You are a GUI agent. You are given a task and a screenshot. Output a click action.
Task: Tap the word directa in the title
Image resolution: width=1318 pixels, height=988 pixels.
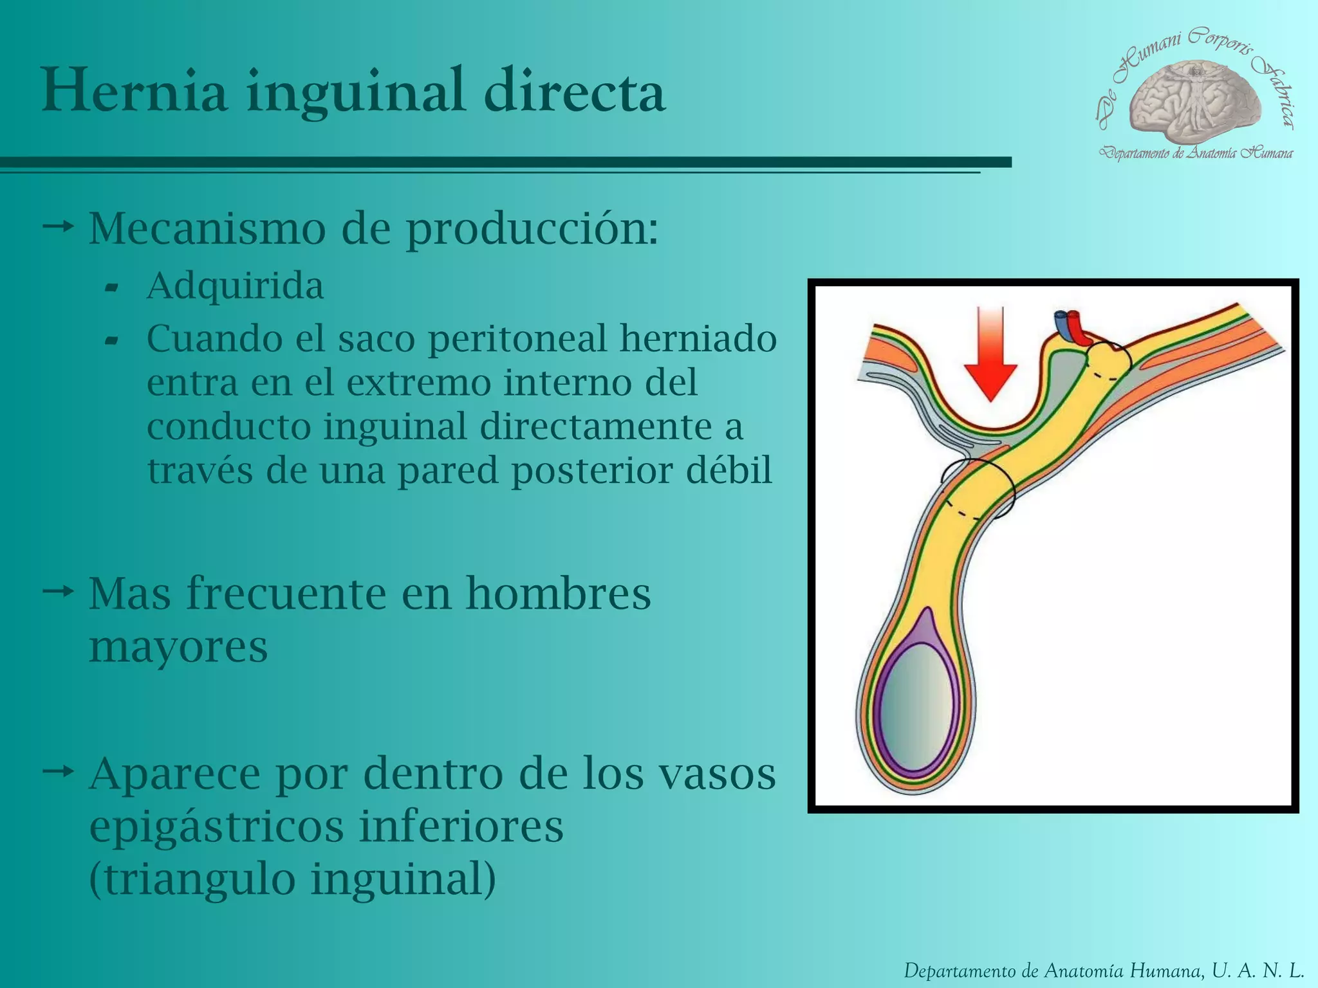click(x=574, y=91)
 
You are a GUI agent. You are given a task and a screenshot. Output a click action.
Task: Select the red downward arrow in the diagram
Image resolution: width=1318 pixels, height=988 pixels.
click(x=990, y=354)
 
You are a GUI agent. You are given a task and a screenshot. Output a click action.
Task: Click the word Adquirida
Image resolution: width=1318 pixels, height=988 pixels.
click(x=235, y=286)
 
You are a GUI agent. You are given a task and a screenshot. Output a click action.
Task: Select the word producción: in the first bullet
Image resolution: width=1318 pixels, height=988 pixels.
click(x=532, y=228)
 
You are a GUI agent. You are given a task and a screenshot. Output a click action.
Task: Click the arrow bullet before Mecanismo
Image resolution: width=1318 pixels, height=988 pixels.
click(x=58, y=226)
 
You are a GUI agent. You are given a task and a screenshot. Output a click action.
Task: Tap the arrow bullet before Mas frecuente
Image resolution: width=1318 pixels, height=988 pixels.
click(x=58, y=590)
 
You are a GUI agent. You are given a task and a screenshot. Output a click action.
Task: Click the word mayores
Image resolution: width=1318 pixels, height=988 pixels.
click(x=178, y=647)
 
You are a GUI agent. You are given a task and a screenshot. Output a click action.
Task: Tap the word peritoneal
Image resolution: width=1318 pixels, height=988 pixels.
click(x=517, y=338)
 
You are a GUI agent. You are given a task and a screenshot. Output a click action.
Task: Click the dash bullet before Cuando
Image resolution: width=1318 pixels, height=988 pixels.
click(x=111, y=341)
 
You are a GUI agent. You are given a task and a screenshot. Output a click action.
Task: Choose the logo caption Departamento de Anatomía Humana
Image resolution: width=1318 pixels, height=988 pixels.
click(x=1196, y=153)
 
